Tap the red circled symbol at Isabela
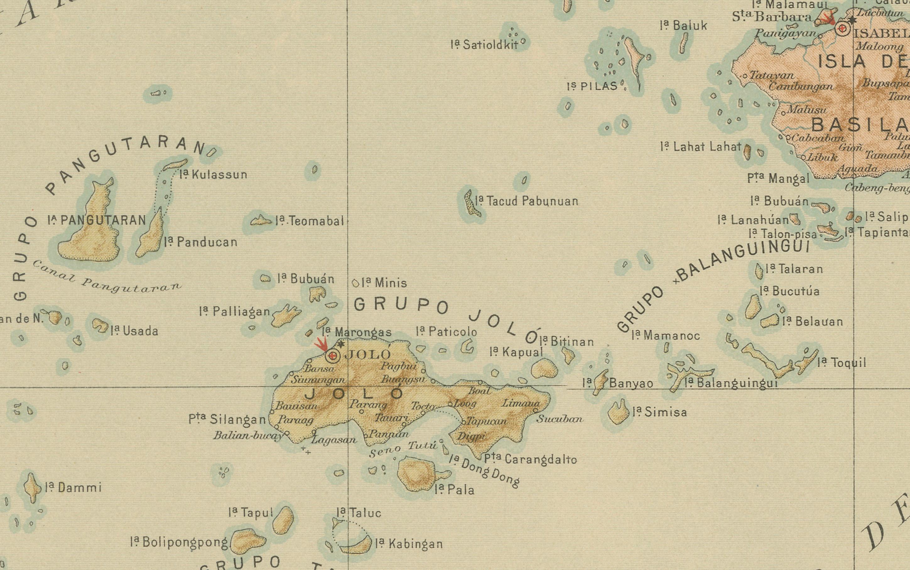(842, 29)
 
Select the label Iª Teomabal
(310, 221)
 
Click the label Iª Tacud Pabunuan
(527, 201)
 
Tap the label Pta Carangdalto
(530, 459)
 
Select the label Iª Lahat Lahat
(701, 146)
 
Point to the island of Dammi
(32, 487)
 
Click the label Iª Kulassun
(214, 175)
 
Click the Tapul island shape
(283, 520)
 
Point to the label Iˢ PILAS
(592, 86)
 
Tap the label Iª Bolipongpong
(179, 542)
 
